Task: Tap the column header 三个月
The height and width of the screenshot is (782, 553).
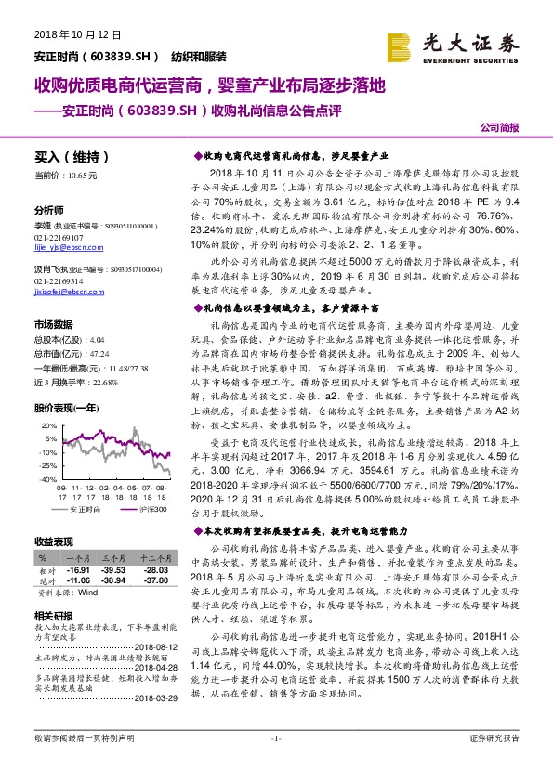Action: tap(116, 559)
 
